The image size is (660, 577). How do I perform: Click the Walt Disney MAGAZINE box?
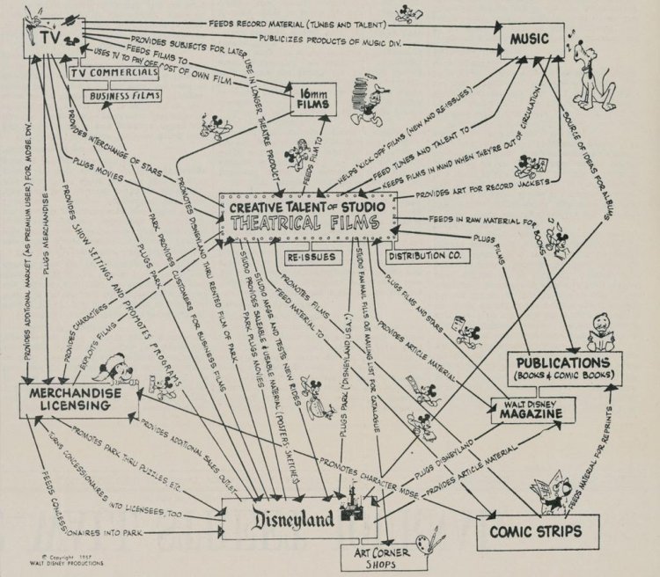pos(527,409)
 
